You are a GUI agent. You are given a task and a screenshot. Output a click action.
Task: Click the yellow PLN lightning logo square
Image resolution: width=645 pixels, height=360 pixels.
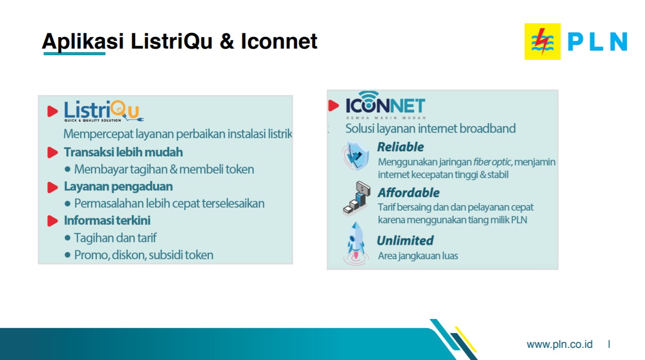point(543,42)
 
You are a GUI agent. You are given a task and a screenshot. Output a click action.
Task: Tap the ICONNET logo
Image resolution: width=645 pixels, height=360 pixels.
point(385,105)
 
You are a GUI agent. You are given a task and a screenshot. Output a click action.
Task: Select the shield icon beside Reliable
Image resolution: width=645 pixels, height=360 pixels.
point(355,155)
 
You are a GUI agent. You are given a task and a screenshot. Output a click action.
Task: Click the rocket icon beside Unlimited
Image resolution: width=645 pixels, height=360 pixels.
point(356,244)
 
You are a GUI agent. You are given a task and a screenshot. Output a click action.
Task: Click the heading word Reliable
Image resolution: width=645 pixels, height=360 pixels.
point(401,147)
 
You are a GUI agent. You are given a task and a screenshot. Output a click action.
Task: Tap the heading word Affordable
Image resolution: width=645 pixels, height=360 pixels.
point(408,192)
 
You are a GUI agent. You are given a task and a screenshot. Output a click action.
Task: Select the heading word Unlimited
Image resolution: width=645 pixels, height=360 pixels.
point(405,241)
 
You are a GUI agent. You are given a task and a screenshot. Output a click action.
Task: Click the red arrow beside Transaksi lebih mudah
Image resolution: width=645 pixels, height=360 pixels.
point(53,152)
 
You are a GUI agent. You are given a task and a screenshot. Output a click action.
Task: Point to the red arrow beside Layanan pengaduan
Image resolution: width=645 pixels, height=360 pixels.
point(53,187)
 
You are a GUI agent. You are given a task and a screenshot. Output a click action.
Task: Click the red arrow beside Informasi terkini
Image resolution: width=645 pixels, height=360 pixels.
point(53,221)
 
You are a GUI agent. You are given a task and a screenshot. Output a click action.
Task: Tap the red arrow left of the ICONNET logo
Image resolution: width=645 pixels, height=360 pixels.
point(334,105)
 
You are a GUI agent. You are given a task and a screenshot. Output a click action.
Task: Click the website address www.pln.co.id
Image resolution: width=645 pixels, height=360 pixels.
point(559,344)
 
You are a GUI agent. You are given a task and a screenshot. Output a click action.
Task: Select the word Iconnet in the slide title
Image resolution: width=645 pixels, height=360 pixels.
point(279,41)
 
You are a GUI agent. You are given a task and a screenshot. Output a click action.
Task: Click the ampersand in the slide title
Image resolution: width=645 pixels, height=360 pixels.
point(226,41)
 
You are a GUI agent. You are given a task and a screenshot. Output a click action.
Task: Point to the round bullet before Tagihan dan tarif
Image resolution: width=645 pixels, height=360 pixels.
point(68,238)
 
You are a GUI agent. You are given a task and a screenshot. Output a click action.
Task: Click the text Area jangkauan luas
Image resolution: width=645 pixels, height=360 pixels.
point(418,256)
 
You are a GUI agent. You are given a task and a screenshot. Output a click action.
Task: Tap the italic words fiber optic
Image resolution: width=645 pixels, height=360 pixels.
point(492,162)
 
